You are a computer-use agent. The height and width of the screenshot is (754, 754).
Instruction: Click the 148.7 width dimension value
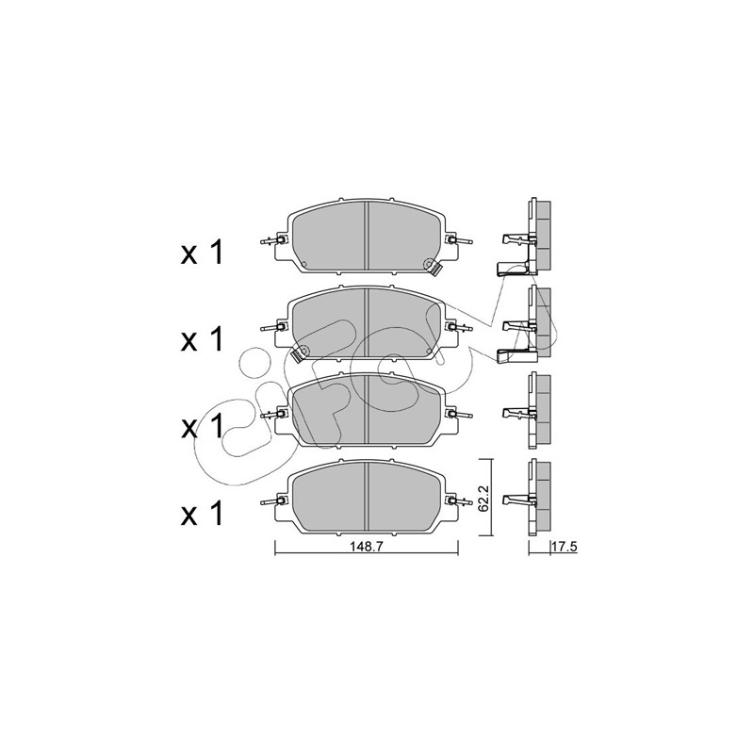(366, 547)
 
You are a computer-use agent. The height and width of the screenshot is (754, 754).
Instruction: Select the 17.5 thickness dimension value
(565, 547)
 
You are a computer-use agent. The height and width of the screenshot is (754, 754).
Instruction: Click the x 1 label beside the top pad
(202, 253)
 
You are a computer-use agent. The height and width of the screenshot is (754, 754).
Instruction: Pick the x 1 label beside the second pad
(202, 338)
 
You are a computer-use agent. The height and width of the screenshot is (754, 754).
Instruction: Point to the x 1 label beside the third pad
(202, 426)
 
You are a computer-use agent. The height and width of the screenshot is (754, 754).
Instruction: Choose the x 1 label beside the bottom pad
(202, 513)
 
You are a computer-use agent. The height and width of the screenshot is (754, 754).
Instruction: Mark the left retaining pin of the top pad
(271, 241)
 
